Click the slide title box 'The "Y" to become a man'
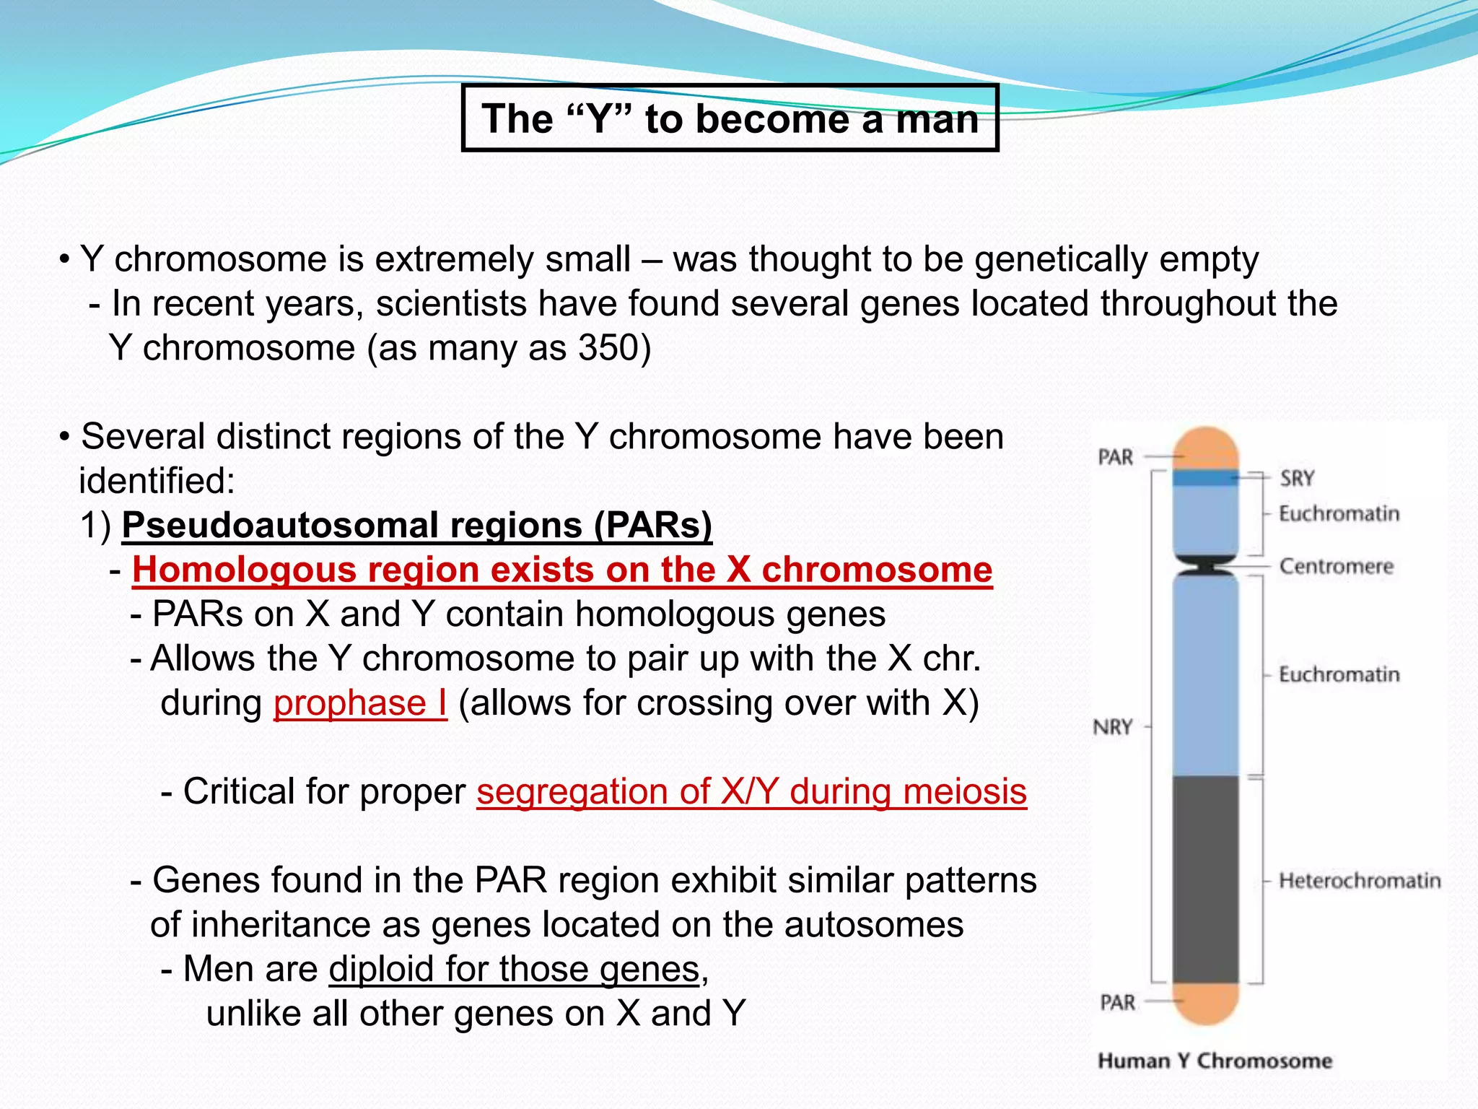[730, 118]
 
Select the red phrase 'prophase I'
[360, 703]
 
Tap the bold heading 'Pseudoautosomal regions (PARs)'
[416, 525]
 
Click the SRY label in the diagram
[1297, 478]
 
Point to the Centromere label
[1336, 566]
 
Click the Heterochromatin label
[1360, 880]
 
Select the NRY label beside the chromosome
[1113, 727]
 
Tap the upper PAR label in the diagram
[1116, 457]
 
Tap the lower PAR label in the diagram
[1117, 1002]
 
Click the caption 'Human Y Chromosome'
[1215, 1061]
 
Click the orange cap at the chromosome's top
[1205, 448]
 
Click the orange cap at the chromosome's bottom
[1205, 1004]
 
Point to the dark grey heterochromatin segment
[1205, 877]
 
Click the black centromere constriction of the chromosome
[1205, 565]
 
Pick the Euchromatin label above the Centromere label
[1339, 513]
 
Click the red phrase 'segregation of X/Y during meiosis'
[751, 792]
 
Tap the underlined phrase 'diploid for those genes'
[514, 970]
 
